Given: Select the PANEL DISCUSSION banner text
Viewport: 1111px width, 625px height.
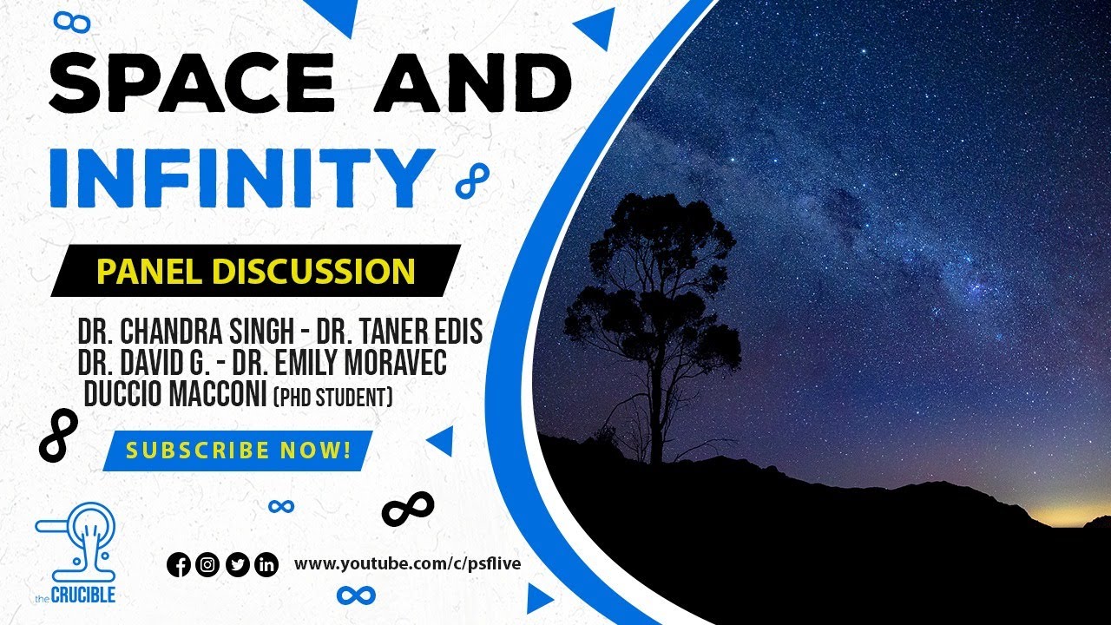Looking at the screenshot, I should point(255,272).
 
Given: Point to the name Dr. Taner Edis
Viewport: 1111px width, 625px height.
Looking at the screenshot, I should point(399,332).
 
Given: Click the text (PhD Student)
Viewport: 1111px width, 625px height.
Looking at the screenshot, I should point(333,398).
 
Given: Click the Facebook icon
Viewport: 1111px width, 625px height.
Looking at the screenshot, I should point(178,565).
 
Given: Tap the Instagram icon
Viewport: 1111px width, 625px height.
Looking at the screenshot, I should point(207,565).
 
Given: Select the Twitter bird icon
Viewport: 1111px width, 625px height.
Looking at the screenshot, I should point(237,565).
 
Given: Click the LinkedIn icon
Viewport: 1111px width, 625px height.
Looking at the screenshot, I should point(266,565).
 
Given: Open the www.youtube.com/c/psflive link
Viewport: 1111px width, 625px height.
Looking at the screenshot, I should point(407,565).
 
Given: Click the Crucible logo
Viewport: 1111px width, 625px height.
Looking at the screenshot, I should point(76,552).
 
